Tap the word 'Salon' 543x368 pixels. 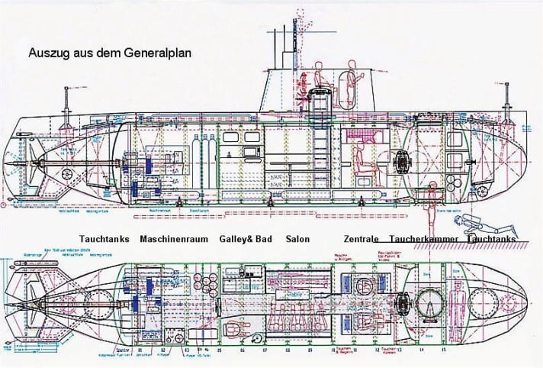click(x=297, y=239)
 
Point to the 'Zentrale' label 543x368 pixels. click(x=361, y=239)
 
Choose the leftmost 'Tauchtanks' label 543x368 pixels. click(x=106, y=239)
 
